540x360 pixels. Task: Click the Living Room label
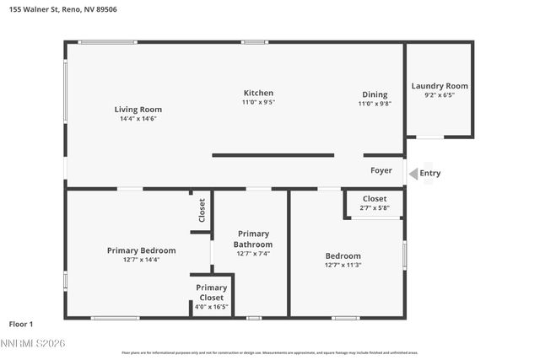pyautogui.click(x=138, y=110)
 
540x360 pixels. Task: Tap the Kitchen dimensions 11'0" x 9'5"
pyautogui.click(x=258, y=102)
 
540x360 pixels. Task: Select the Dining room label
pyautogui.click(x=375, y=94)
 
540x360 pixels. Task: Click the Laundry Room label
pyautogui.click(x=440, y=86)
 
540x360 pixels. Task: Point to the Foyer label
pyautogui.click(x=381, y=170)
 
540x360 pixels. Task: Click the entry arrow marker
pyautogui.click(x=413, y=174)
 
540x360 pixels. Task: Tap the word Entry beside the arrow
pyautogui.click(x=430, y=174)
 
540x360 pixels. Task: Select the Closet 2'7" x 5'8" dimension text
pyautogui.click(x=375, y=208)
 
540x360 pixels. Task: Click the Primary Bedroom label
pyautogui.click(x=141, y=250)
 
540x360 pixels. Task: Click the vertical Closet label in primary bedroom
pyautogui.click(x=202, y=209)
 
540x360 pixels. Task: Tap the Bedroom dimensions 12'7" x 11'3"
pyautogui.click(x=343, y=265)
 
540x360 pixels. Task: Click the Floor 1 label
pyautogui.click(x=21, y=324)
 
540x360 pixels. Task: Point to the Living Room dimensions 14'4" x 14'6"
pyautogui.click(x=138, y=119)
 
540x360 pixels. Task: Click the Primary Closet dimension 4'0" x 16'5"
pyautogui.click(x=211, y=306)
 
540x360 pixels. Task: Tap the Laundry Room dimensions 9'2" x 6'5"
pyautogui.click(x=440, y=95)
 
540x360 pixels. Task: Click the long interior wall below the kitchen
pyautogui.click(x=273, y=155)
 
